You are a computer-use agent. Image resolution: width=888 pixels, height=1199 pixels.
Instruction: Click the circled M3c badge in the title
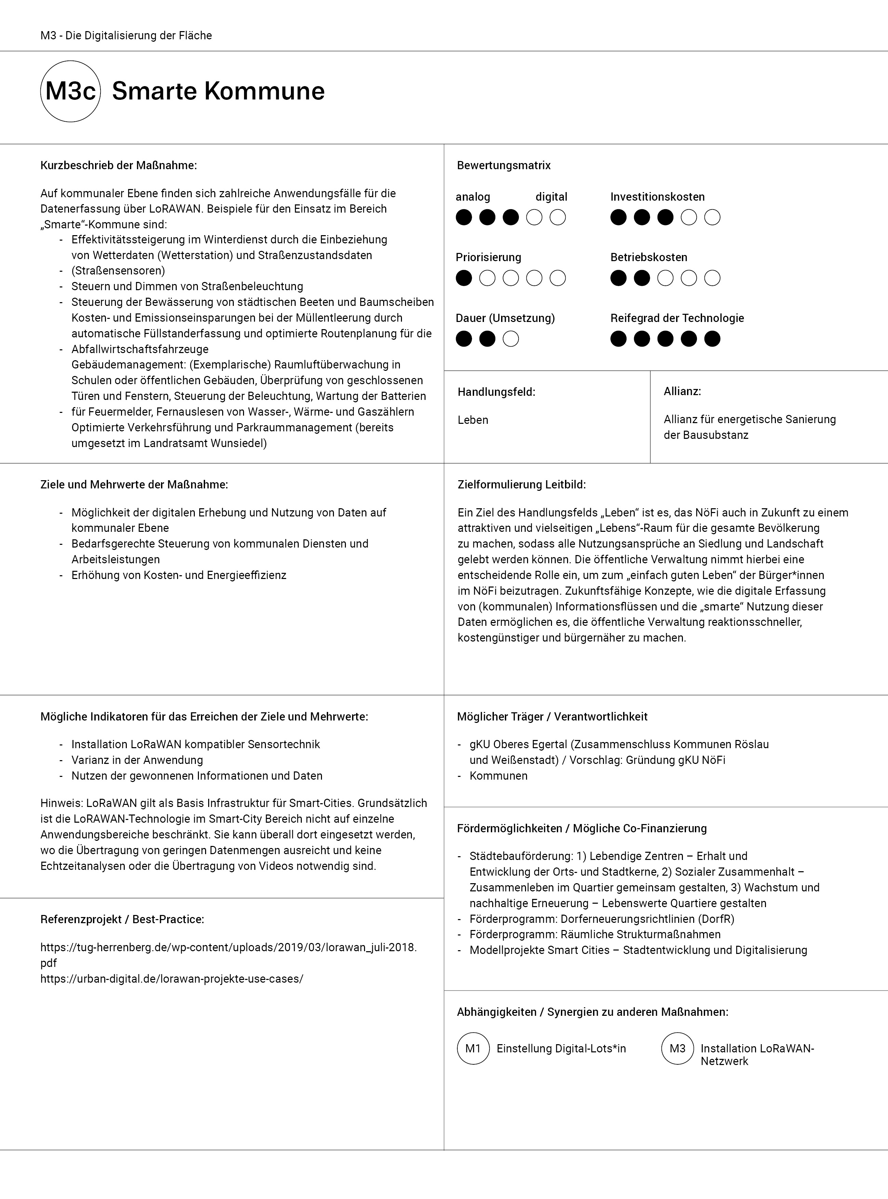pyautogui.click(x=70, y=91)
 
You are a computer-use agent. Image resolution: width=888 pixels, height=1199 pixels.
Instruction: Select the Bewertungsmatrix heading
pyautogui.click(x=504, y=165)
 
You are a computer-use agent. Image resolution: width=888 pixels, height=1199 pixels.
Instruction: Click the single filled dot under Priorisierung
pyautogui.click(x=464, y=278)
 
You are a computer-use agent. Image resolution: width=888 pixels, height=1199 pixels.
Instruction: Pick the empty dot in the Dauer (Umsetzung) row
pyautogui.click(x=511, y=339)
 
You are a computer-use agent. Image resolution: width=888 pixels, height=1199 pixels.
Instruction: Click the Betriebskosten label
pyautogui.click(x=649, y=257)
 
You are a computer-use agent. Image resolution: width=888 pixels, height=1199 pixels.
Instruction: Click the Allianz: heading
pyautogui.click(x=682, y=391)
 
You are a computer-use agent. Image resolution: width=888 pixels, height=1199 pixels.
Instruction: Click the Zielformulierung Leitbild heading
pyautogui.click(x=521, y=484)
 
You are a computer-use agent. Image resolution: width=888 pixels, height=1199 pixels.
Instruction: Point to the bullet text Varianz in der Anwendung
pyautogui.click(x=137, y=760)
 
